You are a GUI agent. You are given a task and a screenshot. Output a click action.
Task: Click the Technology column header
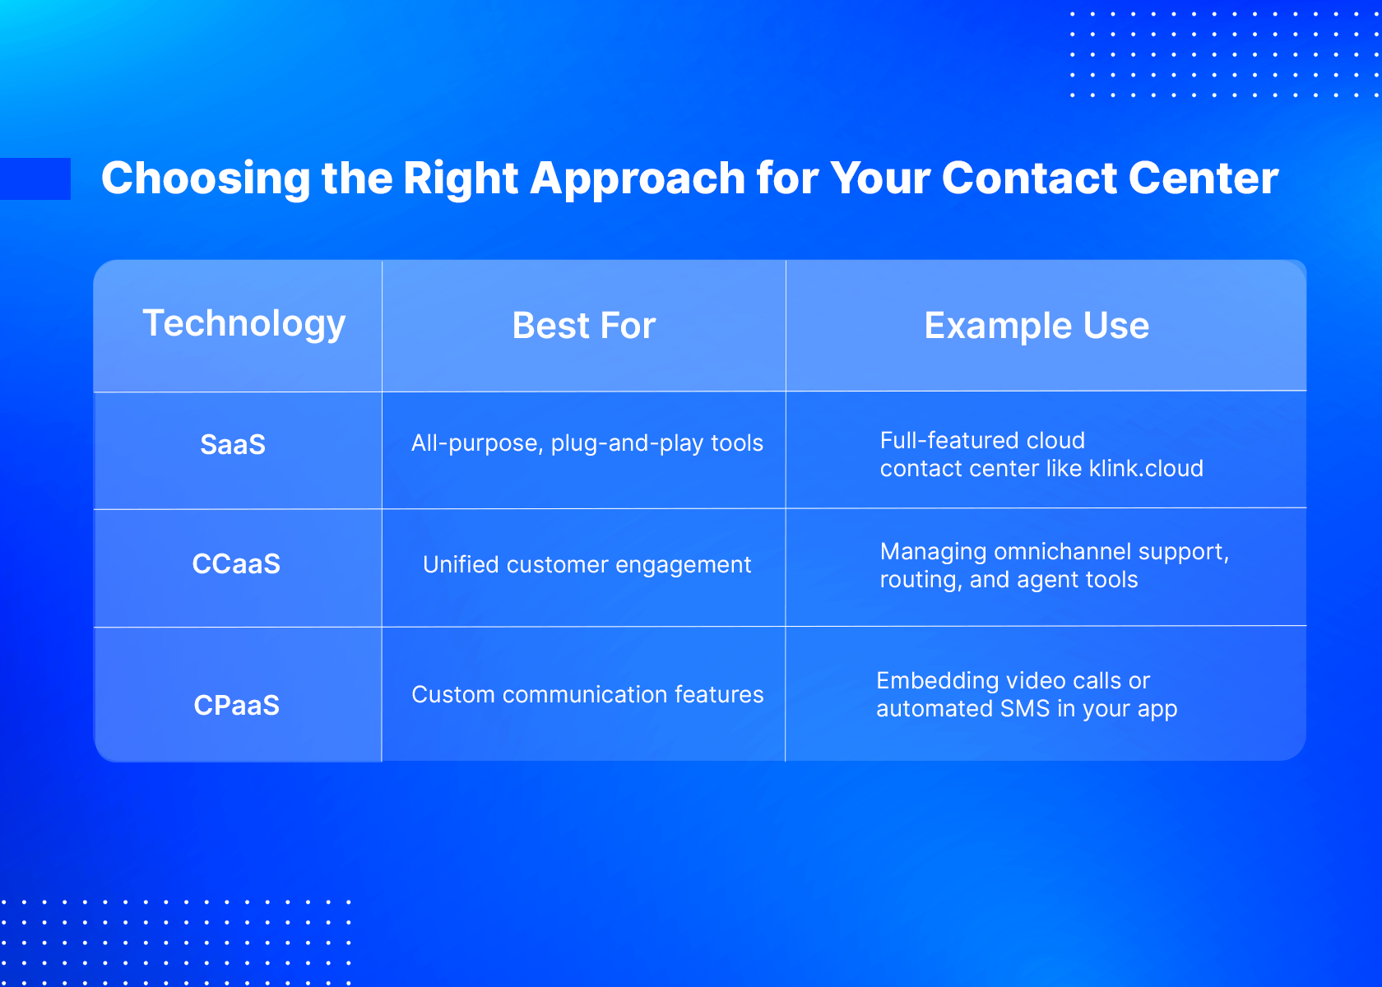pyautogui.click(x=243, y=324)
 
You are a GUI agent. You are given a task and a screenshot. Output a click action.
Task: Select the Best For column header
pyautogui.click(x=584, y=325)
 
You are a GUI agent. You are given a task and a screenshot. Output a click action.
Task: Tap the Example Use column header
pyautogui.click(x=1036, y=325)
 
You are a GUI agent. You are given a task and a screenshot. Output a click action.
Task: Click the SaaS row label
pyautogui.click(x=233, y=444)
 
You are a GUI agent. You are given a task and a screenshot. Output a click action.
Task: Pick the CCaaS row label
pyautogui.click(x=236, y=564)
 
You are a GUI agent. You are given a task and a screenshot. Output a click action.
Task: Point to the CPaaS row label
pyautogui.click(x=236, y=705)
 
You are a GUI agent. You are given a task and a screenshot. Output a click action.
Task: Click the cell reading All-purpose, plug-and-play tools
pyautogui.click(x=587, y=443)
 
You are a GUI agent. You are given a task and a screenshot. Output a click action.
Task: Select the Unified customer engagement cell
pyautogui.click(x=587, y=565)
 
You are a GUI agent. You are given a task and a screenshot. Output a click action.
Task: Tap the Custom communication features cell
pyautogui.click(x=587, y=694)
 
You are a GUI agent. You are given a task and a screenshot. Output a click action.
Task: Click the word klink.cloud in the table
pyautogui.click(x=1146, y=468)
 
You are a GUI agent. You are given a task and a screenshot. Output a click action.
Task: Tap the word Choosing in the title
pyautogui.click(x=206, y=179)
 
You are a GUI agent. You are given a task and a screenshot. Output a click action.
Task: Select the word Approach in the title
pyautogui.click(x=638, y=179)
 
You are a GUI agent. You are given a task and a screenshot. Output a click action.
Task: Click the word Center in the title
pyautogui.click(x=1203, y=178)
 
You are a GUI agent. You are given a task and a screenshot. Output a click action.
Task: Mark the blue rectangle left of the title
pyautogui.click(x=35, y=179)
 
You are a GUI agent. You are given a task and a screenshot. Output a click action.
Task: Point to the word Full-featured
pyautogui.click(x=950, y=441)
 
